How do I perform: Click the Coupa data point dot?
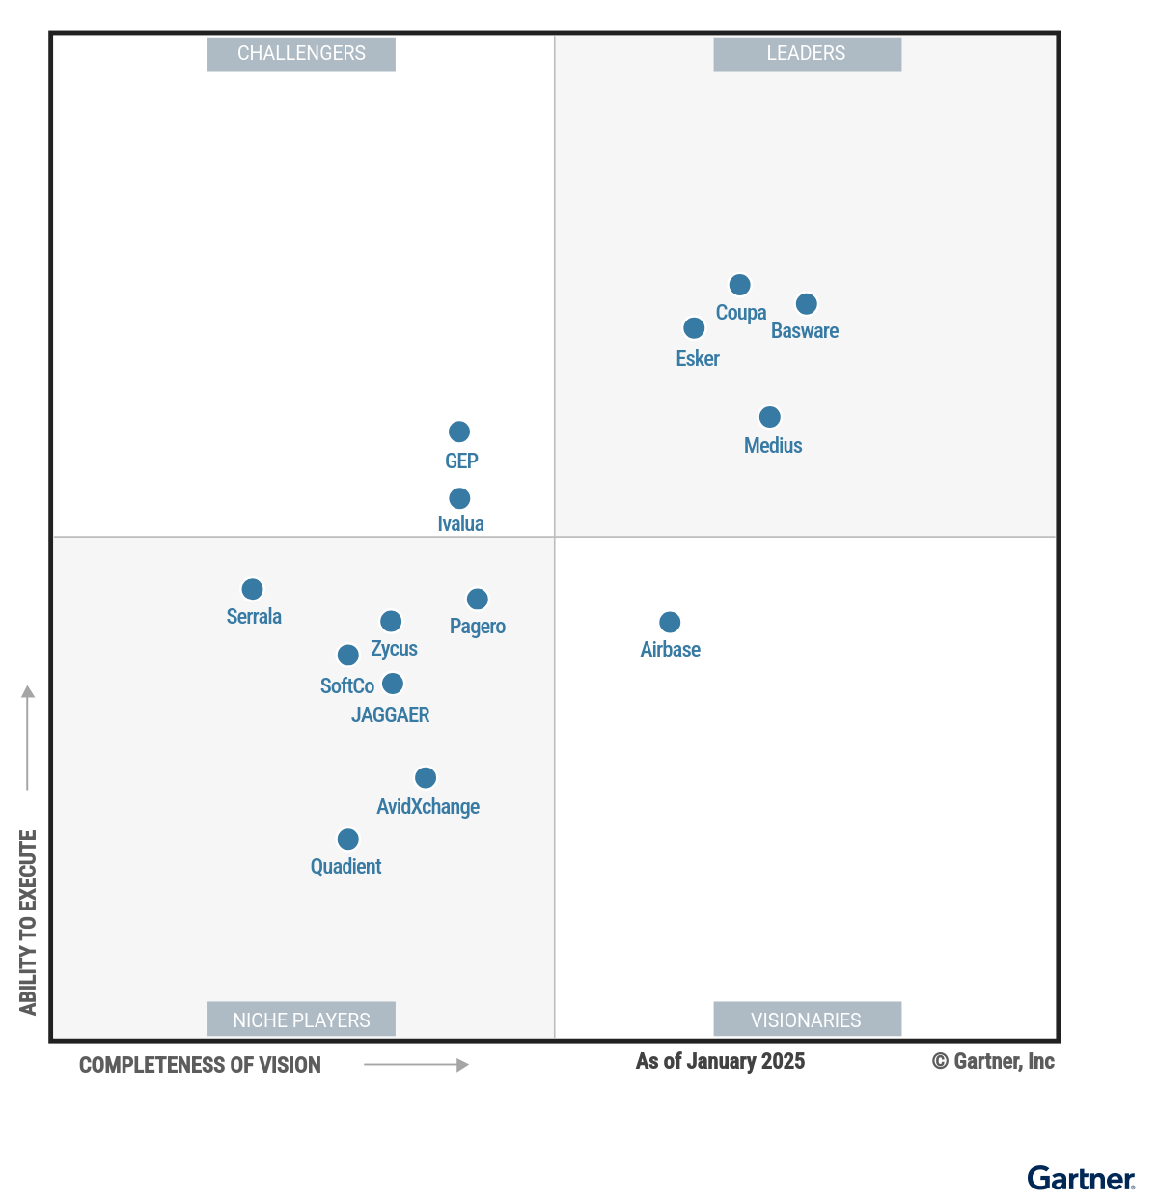click(x=739, y=285)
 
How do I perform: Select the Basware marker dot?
click(x=806, y=304)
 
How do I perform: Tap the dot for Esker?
click(x=694, y=328)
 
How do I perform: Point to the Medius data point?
click(x=769, y=417)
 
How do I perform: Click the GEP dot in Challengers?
click(x=459, y=432)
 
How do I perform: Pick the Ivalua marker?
click(x=459, y=498)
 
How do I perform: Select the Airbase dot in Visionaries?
click(x=670, y=622)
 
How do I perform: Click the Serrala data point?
click(x=252, y=589)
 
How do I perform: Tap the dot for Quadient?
click(x=348, y=839)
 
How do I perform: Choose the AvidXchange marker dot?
click(x=426, y=777)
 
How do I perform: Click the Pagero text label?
click(x=478, y=627)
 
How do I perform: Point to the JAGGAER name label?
click(x=391, y=715)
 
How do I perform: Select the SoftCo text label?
click(x=346, y=686)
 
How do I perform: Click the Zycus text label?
click(x=394, y=649)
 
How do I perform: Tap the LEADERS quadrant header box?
click(x=807, y=54)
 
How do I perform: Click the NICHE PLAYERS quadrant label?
click(x=301, y=1020)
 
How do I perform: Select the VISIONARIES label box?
click(x=807, y=1020)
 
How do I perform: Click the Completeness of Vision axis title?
click(x=200, y=1065)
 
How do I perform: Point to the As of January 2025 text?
click(x=720, y=1062)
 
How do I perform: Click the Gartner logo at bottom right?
click(x=1081, y=1179)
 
